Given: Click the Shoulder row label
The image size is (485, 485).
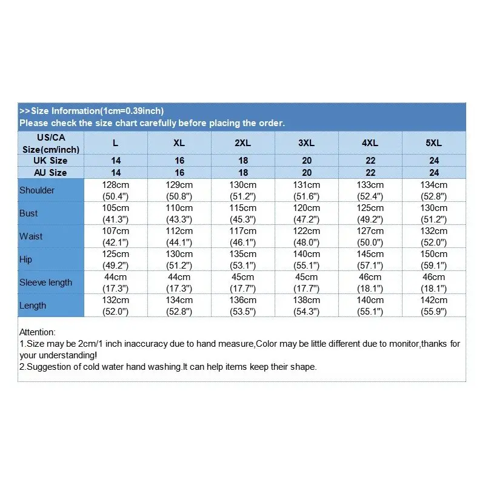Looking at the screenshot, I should [x=37, y=190].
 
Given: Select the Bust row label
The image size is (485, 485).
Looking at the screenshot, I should [x=28, y=213].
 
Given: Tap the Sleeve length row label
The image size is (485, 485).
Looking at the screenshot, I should [x=45, y=283].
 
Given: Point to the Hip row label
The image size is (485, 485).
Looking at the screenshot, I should [x=26, y=259].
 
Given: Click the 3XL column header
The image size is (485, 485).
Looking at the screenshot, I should [x=306, y=143].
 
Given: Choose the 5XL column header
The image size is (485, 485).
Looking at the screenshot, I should [x=434, y=143].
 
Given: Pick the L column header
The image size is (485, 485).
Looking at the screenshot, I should [x=116, y=143].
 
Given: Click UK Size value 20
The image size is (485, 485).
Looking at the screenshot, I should [x=307, y=161].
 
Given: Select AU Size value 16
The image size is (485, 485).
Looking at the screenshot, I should [x=179, y=173].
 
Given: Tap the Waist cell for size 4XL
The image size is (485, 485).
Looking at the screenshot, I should [x=370, y=236].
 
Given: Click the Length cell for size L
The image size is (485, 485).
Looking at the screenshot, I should [x=116, y=306].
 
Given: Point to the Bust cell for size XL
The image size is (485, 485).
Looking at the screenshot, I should [x=179, y=213].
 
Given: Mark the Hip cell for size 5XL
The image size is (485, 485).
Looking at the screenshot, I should [x=434, y=259].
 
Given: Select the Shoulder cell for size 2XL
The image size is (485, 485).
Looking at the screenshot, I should [x=242, y=190].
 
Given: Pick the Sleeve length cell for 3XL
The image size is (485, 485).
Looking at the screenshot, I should [x=307, y=283].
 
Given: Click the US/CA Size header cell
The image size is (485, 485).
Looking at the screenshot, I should [x=51, y=143].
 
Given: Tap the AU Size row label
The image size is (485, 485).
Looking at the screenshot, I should [x=51, y=173].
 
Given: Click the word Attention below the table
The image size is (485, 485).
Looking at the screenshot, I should [x=38, y=332].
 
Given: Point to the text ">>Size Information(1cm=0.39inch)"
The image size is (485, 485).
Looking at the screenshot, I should [x=92, y=111].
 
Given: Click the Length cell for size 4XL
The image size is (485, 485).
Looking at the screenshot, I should [x=370, y=306].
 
